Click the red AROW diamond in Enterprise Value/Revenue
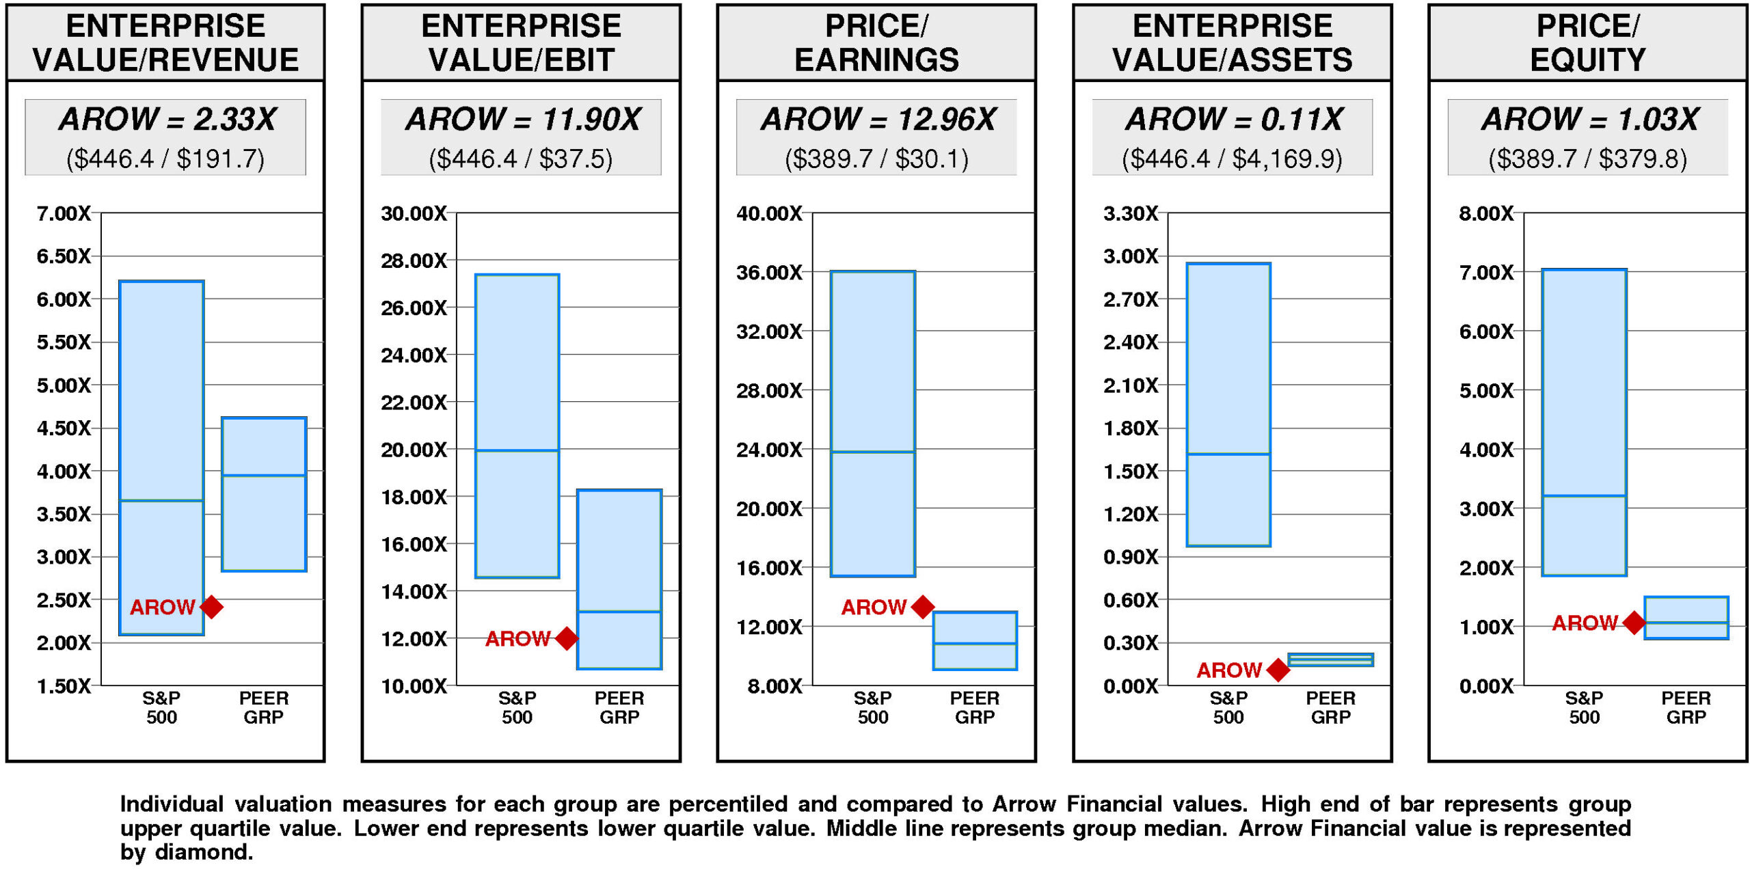(x=212, y=607)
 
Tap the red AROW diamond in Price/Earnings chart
(x=923, y=607)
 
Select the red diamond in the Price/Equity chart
(x=1634, y=623)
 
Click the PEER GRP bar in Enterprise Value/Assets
(x=1330, y=659)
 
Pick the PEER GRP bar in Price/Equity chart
(x=1686, y=618)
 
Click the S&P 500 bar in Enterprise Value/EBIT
(x=517, y=426)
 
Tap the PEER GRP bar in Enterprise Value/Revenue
(x=264, y=494)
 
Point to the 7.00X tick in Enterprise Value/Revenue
(x=63, y=214)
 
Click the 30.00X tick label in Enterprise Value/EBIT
(x=414, y=214)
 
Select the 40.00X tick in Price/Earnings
(x=769, y=214)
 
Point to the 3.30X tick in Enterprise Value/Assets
(x=1131, y=214)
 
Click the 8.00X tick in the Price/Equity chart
(x=1486, y=214)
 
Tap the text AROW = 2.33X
(x=167, y=120)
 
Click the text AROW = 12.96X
(x=878, y=120)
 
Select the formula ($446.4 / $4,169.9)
(x=1232, y=159)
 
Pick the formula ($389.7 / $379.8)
(x=1587, y=159)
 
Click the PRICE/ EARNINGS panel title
(x=876, y=42)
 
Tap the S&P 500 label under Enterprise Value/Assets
(x=1228, y=707)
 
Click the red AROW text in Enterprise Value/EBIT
(x=517, y=639)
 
